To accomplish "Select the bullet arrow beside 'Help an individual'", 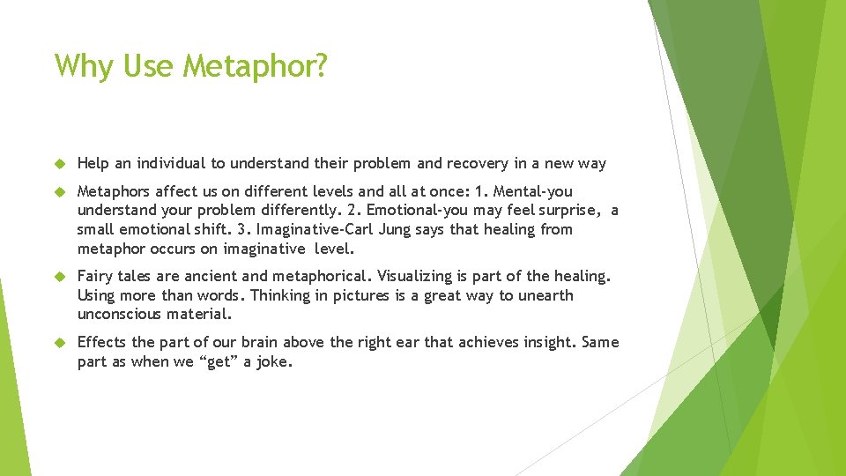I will click(61, 164).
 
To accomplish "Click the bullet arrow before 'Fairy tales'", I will click(61, 277).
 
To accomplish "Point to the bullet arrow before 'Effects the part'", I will click(61, 343).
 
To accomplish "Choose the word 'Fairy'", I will click(96, 276).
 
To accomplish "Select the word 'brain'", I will click(263, 342).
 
